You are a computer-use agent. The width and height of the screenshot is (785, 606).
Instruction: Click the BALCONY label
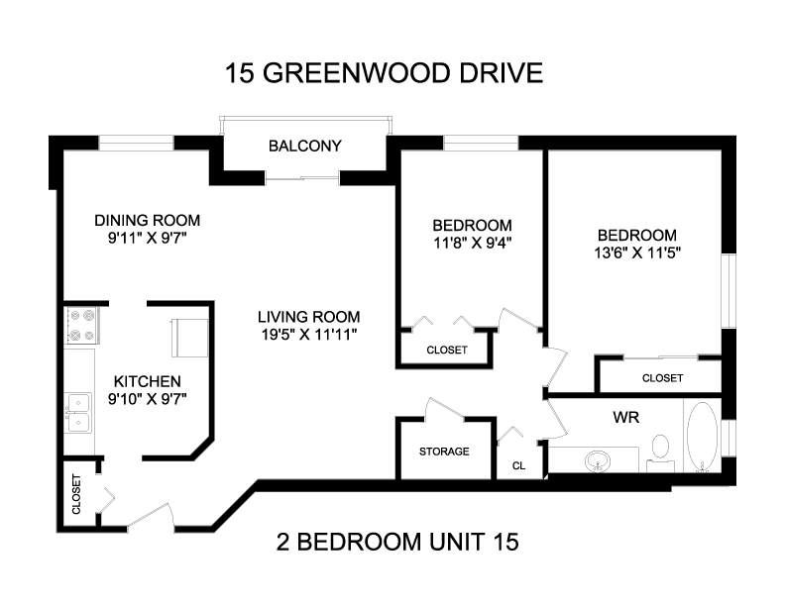[305, 146]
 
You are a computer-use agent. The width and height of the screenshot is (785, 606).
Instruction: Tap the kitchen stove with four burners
[82, 326]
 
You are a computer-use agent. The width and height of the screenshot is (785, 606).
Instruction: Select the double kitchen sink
[78, 413]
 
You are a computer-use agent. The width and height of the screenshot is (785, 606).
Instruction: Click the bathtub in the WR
[703, 437]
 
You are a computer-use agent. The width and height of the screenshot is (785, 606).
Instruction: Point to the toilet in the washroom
[660, 453]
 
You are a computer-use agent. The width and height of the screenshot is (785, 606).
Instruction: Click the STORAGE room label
[444, 452]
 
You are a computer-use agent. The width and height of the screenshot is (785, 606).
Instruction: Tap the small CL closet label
[518, 466]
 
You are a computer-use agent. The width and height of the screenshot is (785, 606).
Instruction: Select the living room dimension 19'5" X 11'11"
[309, 335]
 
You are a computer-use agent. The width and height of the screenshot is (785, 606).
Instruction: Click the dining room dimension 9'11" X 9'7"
[147, 238]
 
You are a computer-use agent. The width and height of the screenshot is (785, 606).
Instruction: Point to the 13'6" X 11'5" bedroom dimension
[636, 253]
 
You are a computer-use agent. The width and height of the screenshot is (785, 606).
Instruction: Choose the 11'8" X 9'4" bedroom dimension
[472, 243]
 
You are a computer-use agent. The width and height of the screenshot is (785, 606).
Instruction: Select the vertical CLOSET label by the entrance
[76, 494]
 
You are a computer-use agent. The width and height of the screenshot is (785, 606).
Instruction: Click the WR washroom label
[625, 417]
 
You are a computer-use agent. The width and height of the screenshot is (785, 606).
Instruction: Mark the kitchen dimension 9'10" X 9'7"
[147, 399]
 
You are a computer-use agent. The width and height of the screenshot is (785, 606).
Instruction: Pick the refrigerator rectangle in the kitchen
[189, 338]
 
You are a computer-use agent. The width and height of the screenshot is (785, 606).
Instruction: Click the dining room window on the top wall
[136, 143]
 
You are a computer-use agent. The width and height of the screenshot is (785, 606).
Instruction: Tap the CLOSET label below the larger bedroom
[662, 378]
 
